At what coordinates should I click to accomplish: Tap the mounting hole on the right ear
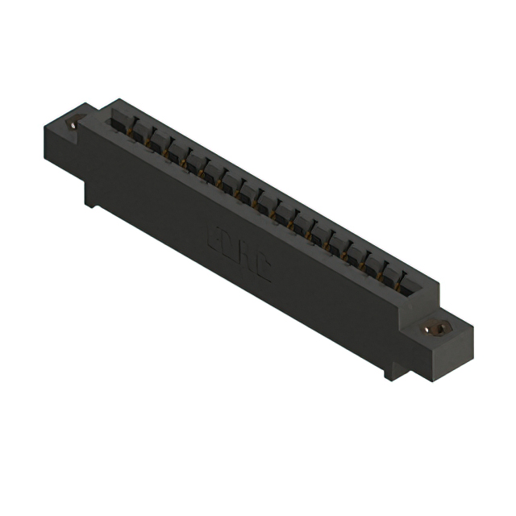pyautogui.click(x=436, y=328)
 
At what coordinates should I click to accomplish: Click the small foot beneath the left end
pyautogui.click(x=90, y=198)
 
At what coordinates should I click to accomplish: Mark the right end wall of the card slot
pyautogui.click(x=427, y=290)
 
